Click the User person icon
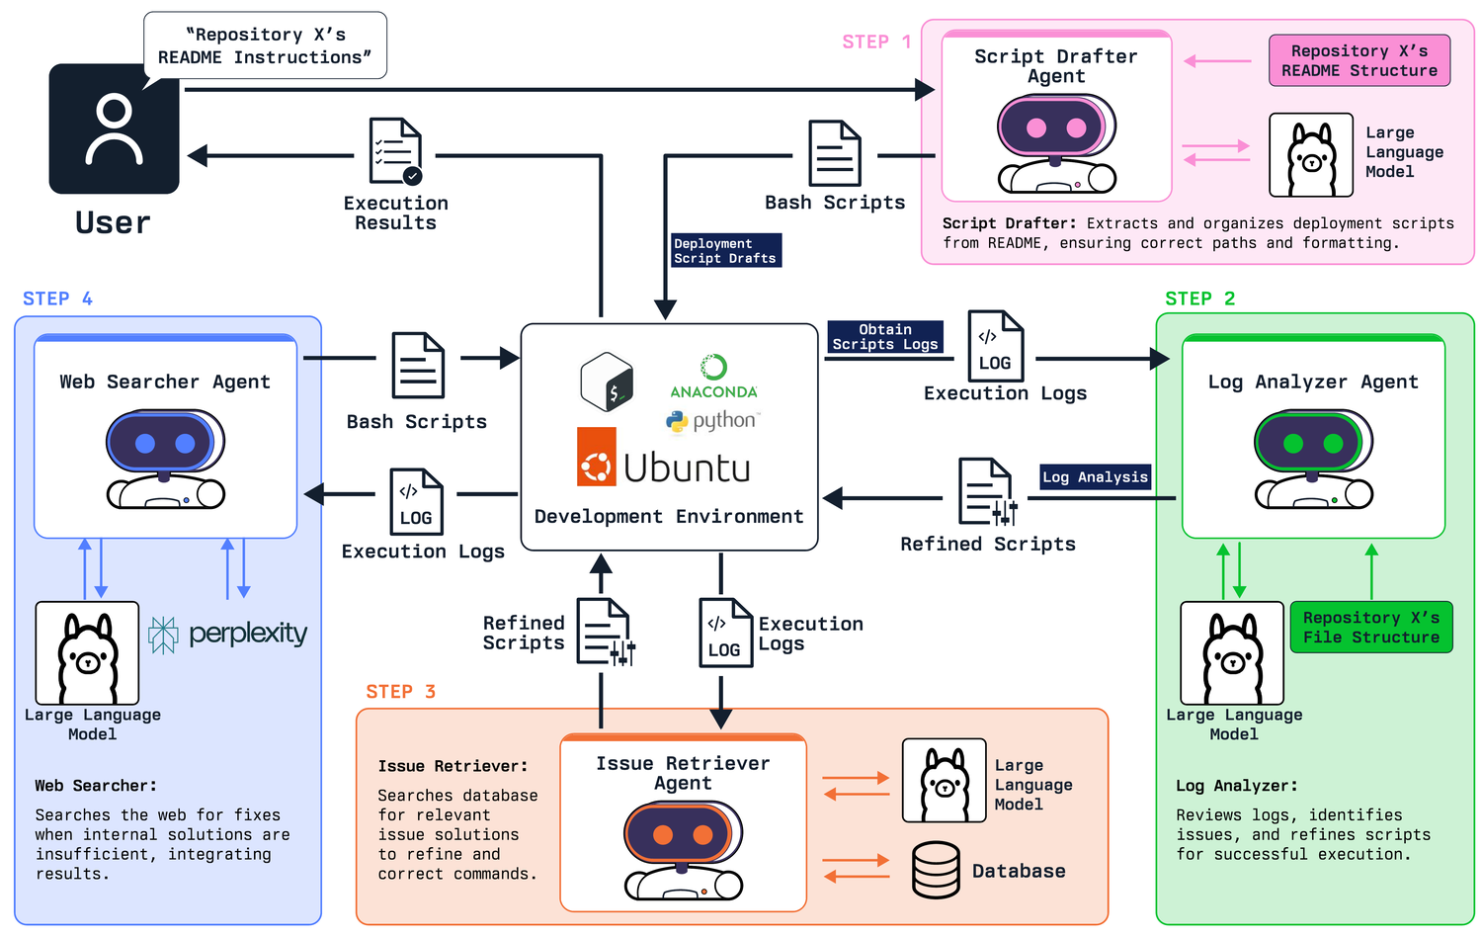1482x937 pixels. [x=114, y=129]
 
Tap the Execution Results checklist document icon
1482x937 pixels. [x=395, y=151]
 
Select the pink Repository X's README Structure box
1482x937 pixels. [x=1358, y=61]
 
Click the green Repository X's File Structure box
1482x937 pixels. [x=1371, y=627]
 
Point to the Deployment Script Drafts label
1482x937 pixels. [x=726, y=251]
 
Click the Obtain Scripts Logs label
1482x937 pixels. [x=885, y=337]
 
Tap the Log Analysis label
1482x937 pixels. [x=1095, y=477]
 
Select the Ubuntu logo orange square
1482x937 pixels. [x=596, y=457]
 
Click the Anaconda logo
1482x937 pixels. [x=714, y=378]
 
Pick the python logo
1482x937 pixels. [x=713, y=421]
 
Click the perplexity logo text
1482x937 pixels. [x=248, y=634]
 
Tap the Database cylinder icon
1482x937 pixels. [x=936, y=870]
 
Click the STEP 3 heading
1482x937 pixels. [x=400, y=692]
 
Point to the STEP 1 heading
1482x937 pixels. [x=876, y=42]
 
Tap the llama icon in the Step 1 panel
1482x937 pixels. [x=1311, y=155]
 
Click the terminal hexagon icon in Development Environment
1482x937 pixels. [x=607, y=382]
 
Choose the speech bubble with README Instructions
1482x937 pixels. [x=265, y=46]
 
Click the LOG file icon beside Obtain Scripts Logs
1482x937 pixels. [x=996, y=346]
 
